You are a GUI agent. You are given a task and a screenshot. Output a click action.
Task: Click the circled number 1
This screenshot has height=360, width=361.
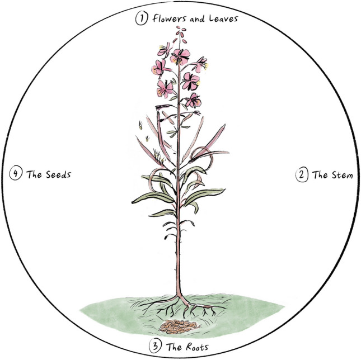140,18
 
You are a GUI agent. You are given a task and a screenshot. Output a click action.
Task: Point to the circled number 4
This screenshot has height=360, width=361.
16,174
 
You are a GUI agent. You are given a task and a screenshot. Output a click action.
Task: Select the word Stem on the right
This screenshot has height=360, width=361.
341,174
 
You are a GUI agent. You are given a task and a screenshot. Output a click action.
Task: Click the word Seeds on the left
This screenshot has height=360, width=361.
57,174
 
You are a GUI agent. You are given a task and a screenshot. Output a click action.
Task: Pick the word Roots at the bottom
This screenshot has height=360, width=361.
196,347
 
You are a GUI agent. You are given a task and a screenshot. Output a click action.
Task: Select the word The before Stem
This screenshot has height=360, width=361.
320,174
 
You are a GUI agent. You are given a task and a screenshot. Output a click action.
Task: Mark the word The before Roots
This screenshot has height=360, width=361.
174,347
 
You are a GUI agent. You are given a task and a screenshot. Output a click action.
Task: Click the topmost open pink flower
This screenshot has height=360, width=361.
180,55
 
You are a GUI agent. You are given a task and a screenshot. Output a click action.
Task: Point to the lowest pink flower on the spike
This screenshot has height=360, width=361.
193,101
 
